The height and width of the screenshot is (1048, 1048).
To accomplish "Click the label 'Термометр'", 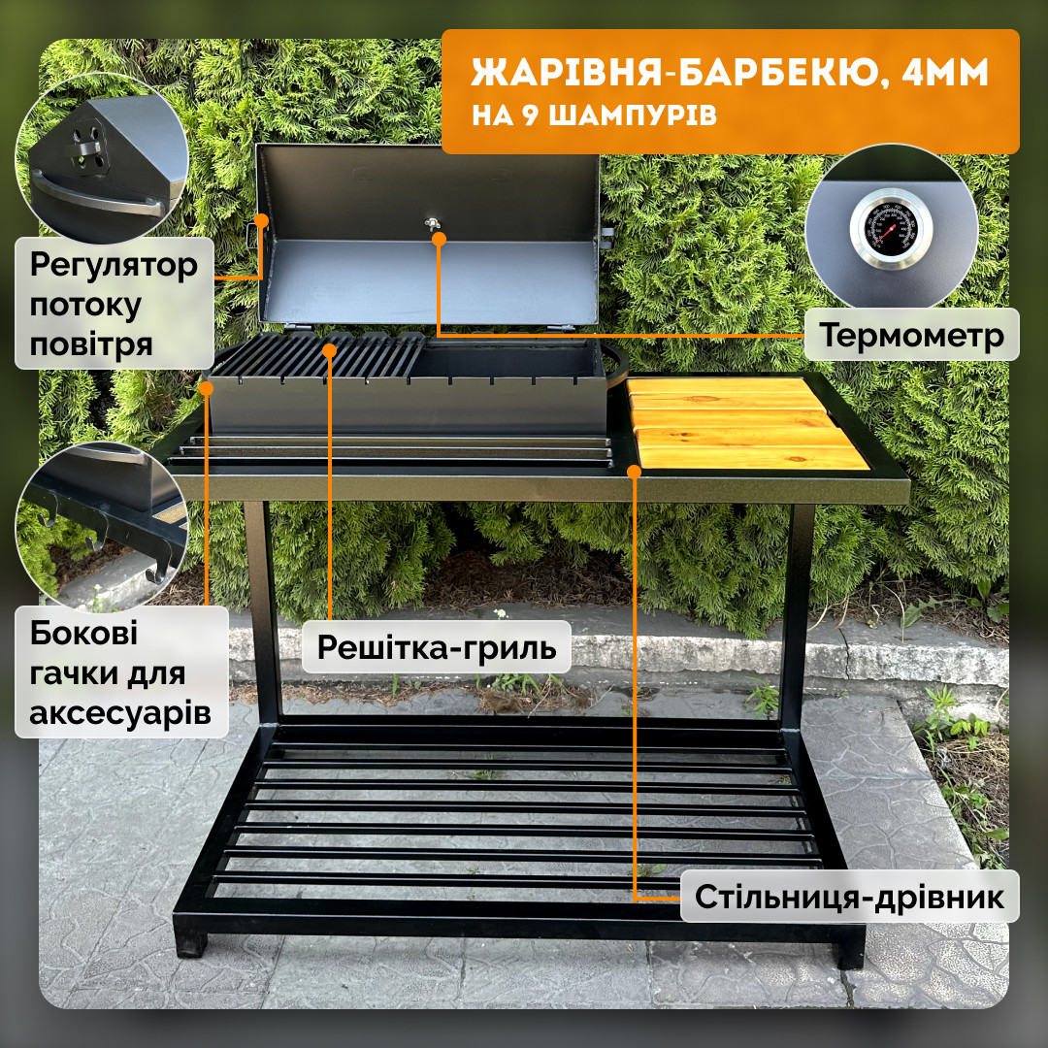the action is click(911, 335).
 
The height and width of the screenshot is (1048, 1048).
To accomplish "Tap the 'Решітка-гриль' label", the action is click(437, 647).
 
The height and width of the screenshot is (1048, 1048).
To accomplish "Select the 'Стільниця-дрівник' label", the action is click(849, 897).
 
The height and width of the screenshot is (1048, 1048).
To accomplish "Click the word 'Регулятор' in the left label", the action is click(114, 265).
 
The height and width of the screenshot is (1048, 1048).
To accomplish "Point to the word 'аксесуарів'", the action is click(120, 713).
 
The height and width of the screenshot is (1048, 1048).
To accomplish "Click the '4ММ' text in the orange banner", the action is click(944, 72).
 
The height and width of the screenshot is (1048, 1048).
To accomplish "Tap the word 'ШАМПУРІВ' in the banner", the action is click(632, 115).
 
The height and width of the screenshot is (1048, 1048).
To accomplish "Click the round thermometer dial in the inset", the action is click(891, 229).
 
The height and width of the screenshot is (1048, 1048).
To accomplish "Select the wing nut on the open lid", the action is click(433, 224).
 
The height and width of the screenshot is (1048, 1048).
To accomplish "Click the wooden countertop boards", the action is click(747, 422).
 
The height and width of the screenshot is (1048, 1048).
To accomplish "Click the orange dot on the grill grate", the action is click(329, 350).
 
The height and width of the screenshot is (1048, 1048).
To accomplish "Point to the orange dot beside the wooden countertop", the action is click(634, 472).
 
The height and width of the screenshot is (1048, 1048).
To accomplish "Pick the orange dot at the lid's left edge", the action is click(261, 220).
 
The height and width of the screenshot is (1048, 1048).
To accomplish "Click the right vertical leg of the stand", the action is click(797, 615).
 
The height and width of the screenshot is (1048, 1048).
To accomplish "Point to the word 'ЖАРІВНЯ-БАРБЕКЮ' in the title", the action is click(674, 72).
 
